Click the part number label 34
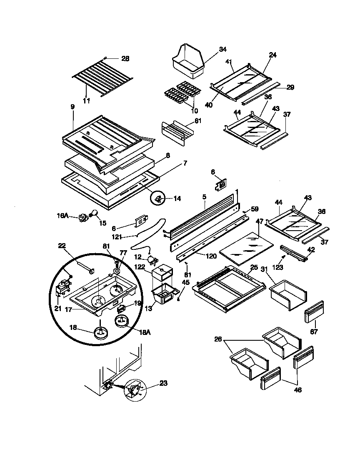point(222,49)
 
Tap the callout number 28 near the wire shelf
point(125,58)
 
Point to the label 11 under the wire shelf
point(86,101)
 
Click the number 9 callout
point(72,107)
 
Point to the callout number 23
point(163,383)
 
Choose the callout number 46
point(298,390)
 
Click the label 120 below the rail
point(211,256)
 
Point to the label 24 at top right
point(273,55)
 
